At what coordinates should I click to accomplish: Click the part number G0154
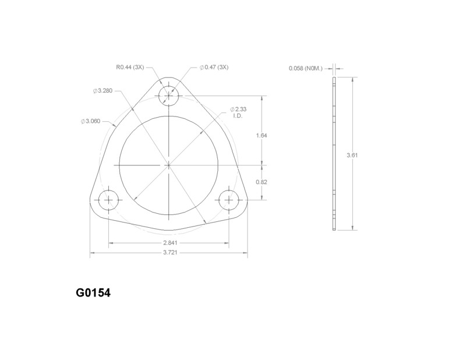pos(93,292)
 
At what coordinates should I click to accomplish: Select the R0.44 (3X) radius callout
pos(130,68)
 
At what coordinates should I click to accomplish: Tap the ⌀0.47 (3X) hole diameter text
pos(214,68)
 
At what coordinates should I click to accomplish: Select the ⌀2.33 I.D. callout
pos(240,112)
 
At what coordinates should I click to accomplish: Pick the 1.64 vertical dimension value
pos(261,135)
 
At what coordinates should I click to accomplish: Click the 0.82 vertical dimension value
pos(261,182)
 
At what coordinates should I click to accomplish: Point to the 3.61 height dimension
pos(351,156)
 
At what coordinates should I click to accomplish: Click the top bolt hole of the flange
pos(168,95)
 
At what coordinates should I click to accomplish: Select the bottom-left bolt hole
pos(108,200)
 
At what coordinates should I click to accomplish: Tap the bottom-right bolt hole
pos(228,200)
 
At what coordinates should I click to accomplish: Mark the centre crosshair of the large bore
pos(168,165)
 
